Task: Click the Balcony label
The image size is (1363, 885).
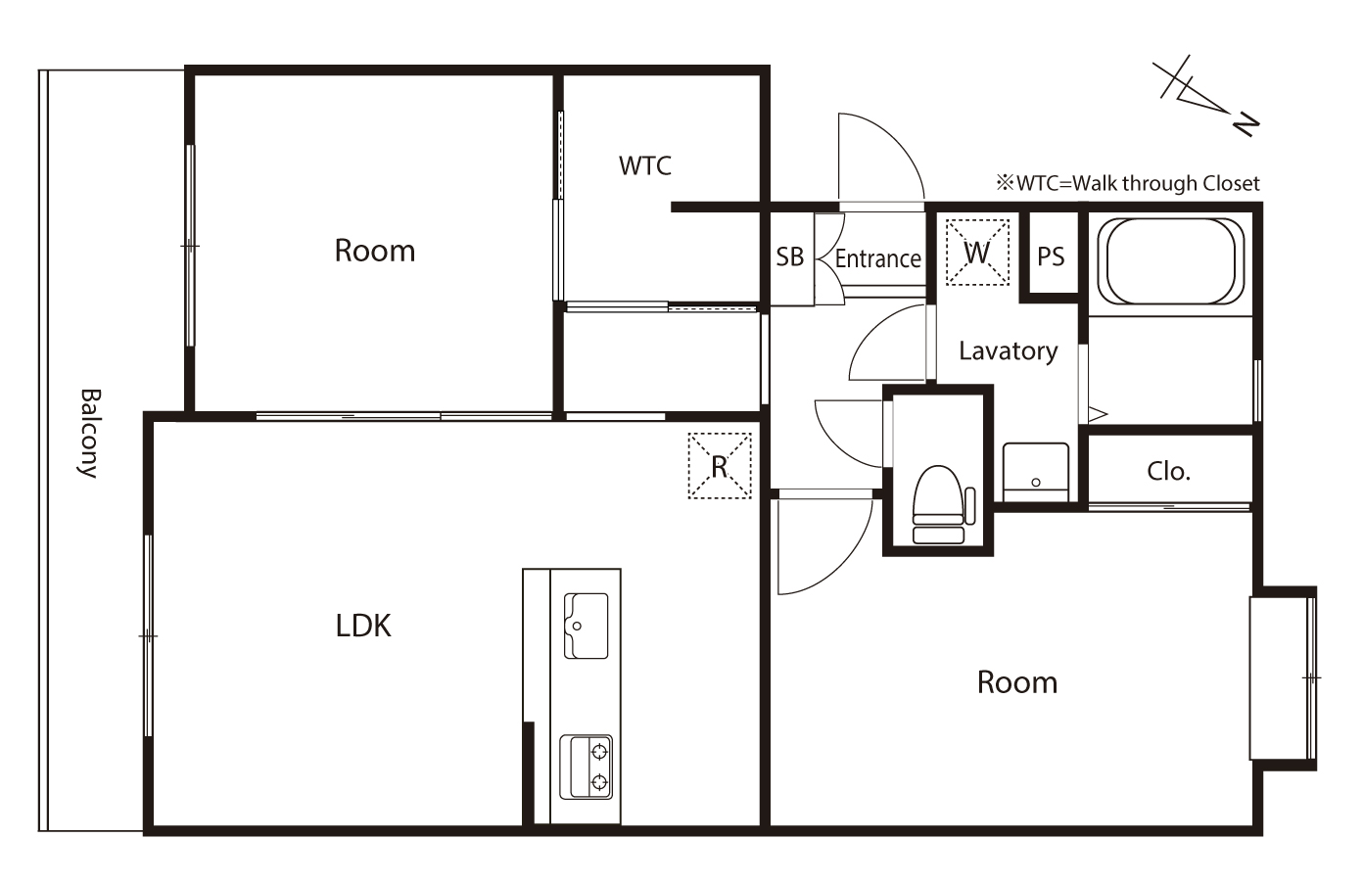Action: coord(89,434)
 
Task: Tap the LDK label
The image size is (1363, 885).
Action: coord(363,626)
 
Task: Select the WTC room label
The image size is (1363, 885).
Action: coord(645,165)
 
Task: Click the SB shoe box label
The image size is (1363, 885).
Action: coord(790,257)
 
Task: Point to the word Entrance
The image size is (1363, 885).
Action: coord(878,259)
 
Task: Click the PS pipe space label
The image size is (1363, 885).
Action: coord(1051,256)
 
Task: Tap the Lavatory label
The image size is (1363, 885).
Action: coord(1009,351)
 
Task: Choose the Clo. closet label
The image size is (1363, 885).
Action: coord(1168,472)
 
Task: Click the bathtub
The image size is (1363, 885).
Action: coord(1171,261)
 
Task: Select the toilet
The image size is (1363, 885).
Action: coord(942,505)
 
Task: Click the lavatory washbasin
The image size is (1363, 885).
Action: coord(1036,473)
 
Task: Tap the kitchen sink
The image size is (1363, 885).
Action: coord(586,626)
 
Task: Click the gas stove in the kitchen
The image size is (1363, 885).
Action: coord(586,767)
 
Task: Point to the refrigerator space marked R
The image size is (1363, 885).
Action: coord(720,466)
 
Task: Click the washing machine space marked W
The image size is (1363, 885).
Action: coord(977,253)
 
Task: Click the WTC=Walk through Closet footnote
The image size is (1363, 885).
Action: coord(1128,183)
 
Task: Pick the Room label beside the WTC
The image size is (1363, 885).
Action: coord(375,251)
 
